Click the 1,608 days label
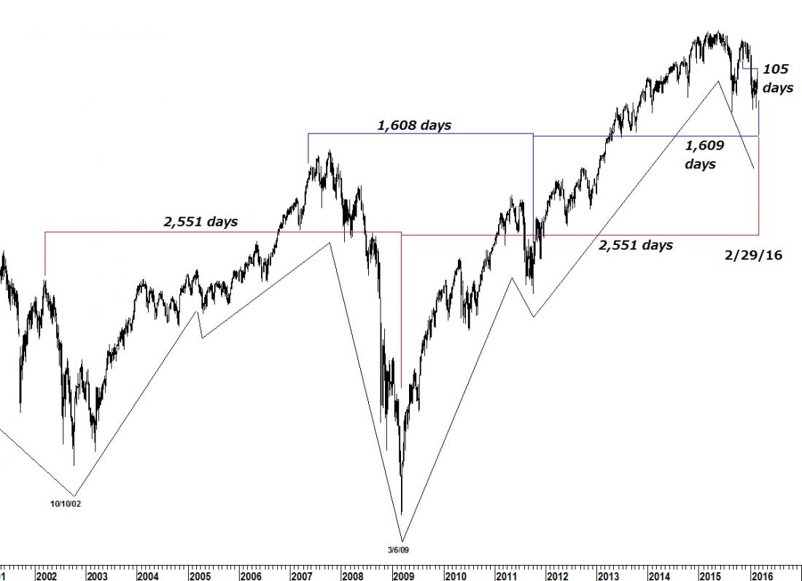tap(414, 125)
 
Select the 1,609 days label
tap(704, 155)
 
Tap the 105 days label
tap(776, 79)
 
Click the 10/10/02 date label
tap(66, 503)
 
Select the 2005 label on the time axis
tap(200, 575)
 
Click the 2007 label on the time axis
tap(301, 575)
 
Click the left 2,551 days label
tap(200, 222)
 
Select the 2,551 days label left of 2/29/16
tap(635, 246)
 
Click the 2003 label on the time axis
tap(97, 575)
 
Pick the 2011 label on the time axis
tap(506, 575)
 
